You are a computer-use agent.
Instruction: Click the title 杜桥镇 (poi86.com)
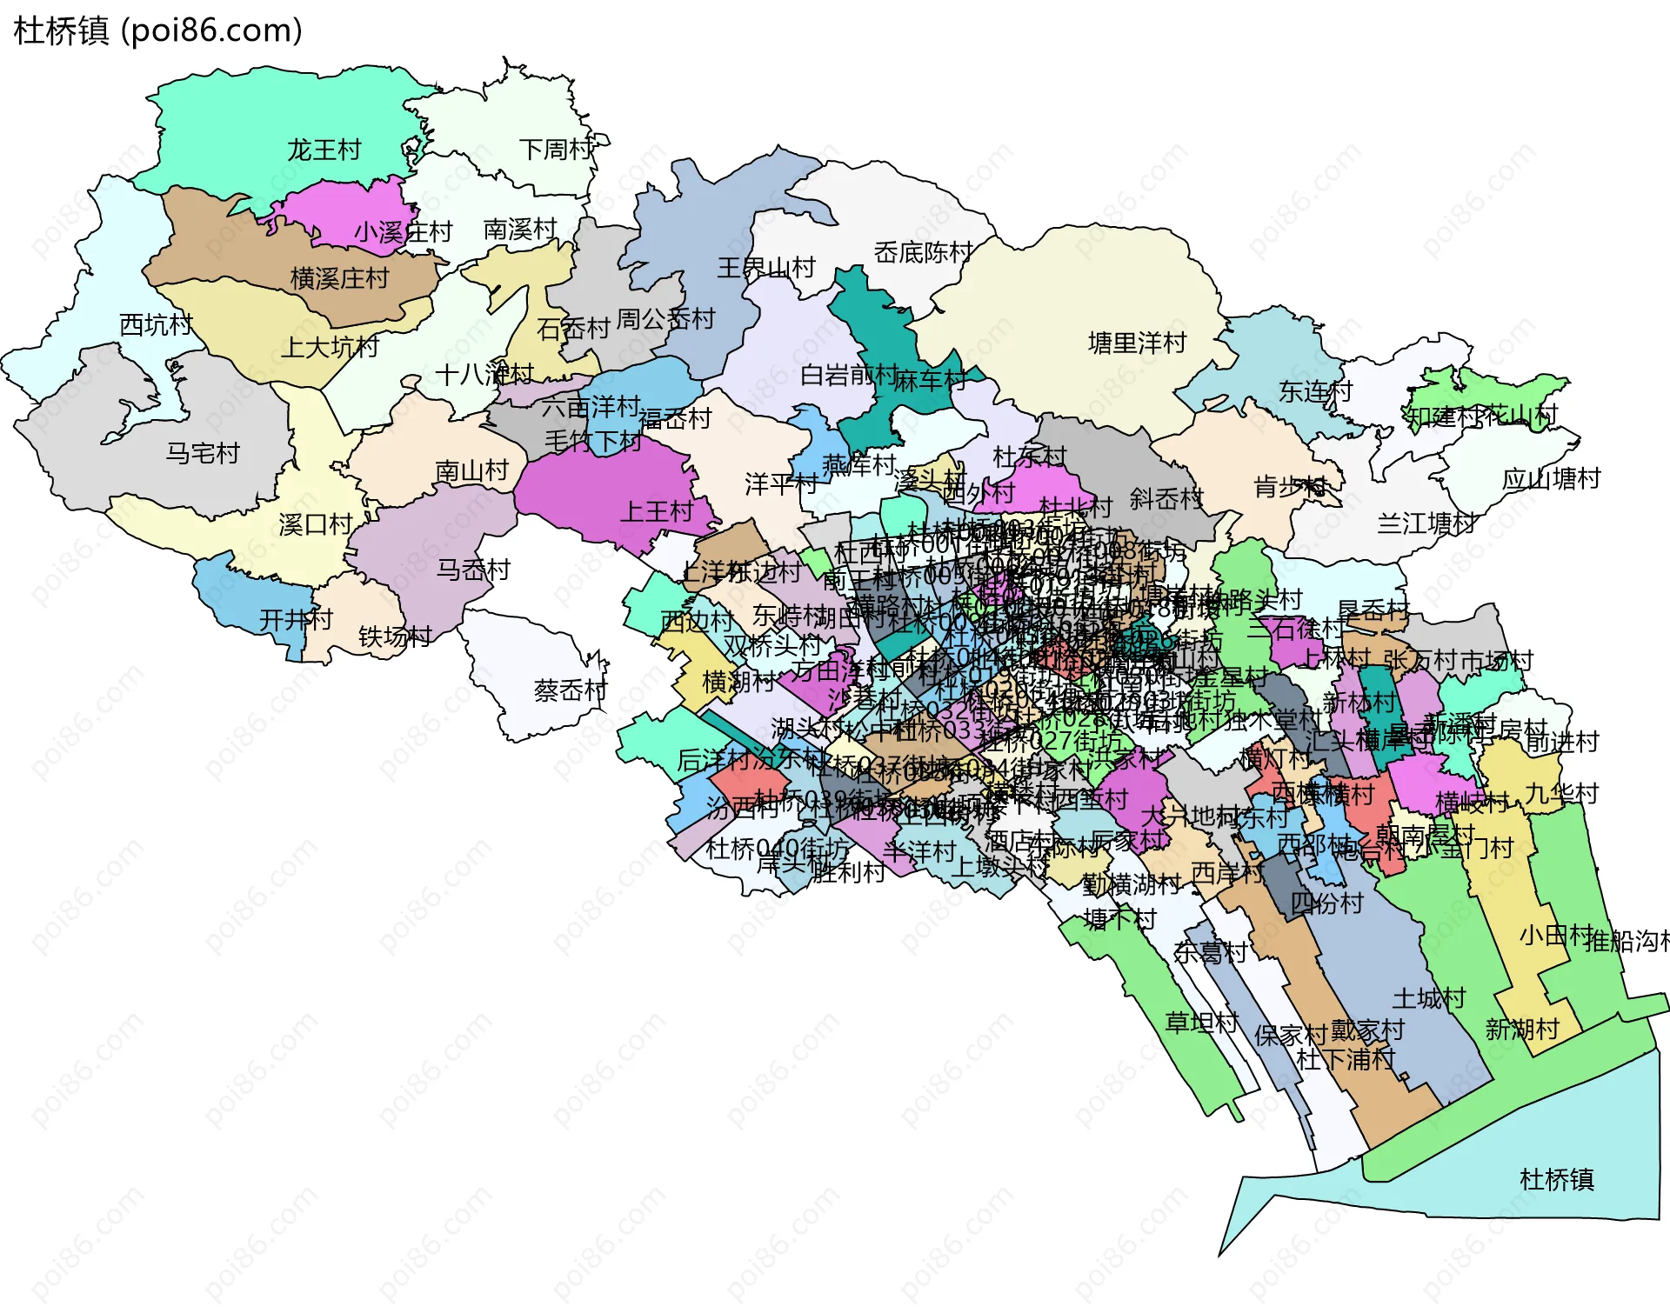(158, 30)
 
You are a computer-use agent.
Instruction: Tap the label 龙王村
(324, 150)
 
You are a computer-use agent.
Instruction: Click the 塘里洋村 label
(1137, 343)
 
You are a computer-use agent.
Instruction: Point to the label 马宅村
(202, 453)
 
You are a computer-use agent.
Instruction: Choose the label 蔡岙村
(570, 691)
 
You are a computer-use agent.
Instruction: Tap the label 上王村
(656, 511)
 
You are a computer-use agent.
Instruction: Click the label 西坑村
(156, 325)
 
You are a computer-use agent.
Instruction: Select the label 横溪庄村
(339, 278)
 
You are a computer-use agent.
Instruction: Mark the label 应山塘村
(1551, 479)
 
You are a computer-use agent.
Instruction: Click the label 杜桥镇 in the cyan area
(1556, 1180)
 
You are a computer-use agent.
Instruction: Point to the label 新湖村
(1522, 1030)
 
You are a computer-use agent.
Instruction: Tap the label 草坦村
(1201, 1022)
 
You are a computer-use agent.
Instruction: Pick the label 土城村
(1429, 998)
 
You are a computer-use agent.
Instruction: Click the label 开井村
(296, 620)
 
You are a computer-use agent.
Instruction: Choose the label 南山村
(471, 471)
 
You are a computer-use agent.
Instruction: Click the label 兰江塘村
(1426, 523)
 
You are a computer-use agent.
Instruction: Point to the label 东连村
(1315, 391)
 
